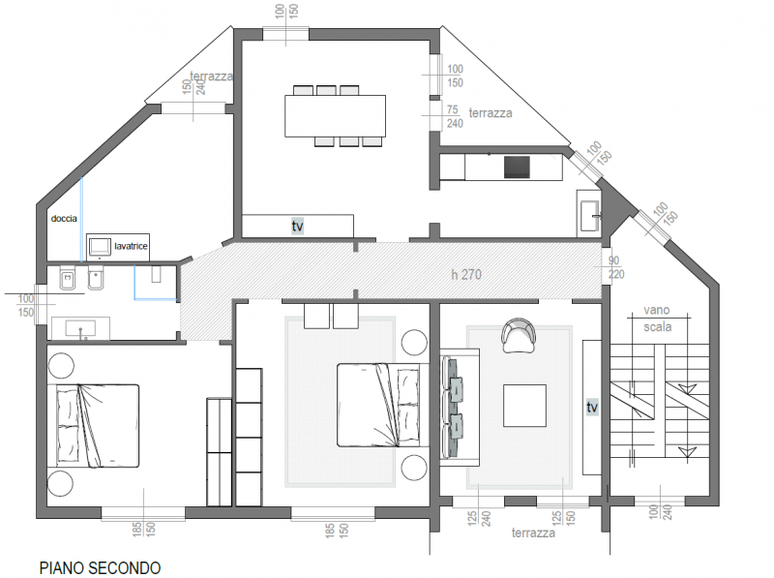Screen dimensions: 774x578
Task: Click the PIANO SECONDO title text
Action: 100,567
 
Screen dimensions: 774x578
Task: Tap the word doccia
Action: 64,218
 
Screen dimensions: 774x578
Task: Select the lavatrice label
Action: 131,246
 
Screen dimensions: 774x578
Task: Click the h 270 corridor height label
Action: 466,274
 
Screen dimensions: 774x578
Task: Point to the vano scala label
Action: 657,319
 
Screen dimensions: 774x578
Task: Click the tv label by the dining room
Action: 297,227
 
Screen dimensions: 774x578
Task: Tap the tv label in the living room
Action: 592,407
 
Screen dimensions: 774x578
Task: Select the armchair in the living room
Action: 518,335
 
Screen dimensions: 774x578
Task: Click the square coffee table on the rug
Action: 524,405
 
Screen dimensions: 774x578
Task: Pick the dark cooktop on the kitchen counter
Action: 517,167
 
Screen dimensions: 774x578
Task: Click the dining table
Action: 335,115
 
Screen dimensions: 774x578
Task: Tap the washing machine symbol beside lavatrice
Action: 100,247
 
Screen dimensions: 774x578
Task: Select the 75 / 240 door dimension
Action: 454,116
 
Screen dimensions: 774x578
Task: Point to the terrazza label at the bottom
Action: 533,533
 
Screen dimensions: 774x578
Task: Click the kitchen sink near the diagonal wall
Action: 590,215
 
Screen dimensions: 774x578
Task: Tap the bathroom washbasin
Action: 80,328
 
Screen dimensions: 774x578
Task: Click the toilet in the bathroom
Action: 67,279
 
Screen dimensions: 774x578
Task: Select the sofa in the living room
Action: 459,407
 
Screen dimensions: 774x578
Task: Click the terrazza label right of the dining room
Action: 491,113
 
